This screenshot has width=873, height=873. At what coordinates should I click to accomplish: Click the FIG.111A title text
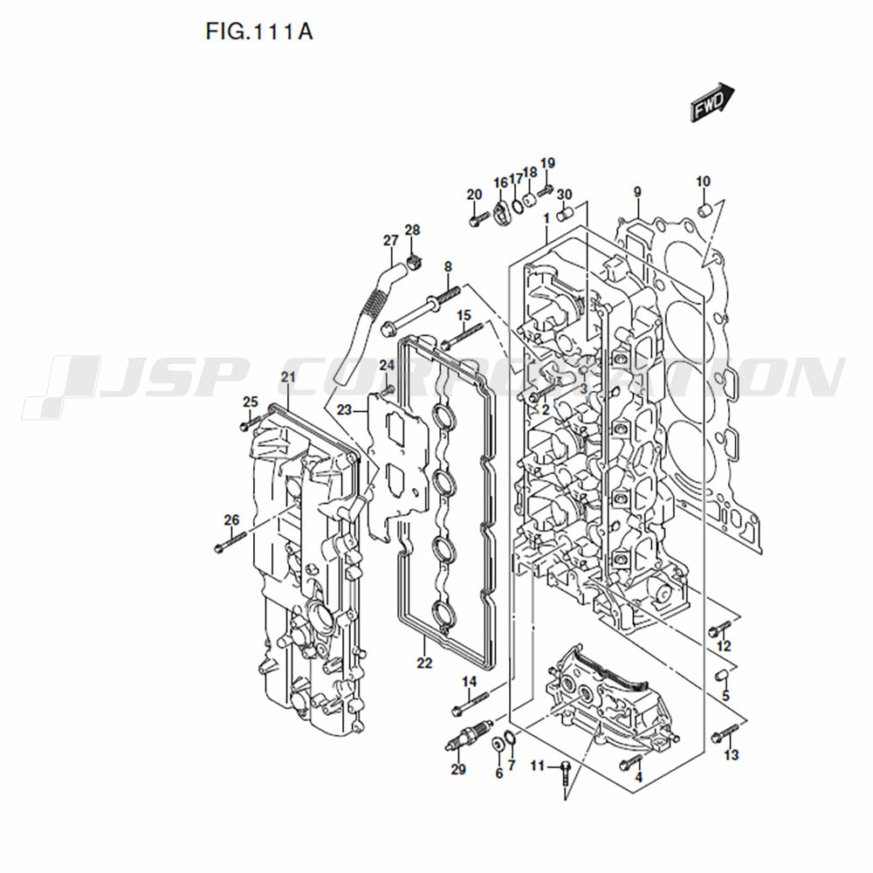pyautogui.click(x=259, y=31)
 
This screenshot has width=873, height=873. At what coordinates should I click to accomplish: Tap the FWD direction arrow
pyautogui.click(x=712, y=102)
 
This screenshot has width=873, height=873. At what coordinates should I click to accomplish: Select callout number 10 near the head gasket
pyautogui.click(x=703, y=182)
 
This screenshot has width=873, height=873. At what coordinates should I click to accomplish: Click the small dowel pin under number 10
pyautogui.click(x=705, y=210)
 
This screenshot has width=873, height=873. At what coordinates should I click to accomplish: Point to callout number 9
pyautogui.click(x=637, y=192)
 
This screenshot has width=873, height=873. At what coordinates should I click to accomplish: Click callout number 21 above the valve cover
pyautogui.click(x=288, y=377)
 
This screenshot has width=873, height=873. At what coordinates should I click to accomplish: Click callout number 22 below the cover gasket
pyautogui.click(x=424, y=663)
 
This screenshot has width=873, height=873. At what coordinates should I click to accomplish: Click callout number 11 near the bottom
pyautogui.click(x=537, y=766)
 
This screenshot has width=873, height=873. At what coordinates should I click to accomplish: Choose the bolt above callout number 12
pyautogui.click(x=719, y=629)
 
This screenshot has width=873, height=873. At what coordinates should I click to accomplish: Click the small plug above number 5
pyautogui.click(x=722, y=676)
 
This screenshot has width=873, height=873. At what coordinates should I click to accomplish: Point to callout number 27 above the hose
pyautogui.click(x=391, y=241)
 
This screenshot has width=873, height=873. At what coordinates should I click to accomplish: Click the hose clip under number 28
pyautogui.click(x=414, y=260)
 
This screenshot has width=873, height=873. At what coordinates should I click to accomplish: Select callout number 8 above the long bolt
pyautogui.click(x=448, y=266)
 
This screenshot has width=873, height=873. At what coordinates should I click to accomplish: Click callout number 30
pyautogui.click(x=565, y=195)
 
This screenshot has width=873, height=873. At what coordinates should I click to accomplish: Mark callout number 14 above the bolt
pyautogui.click(x=470, y=682)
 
